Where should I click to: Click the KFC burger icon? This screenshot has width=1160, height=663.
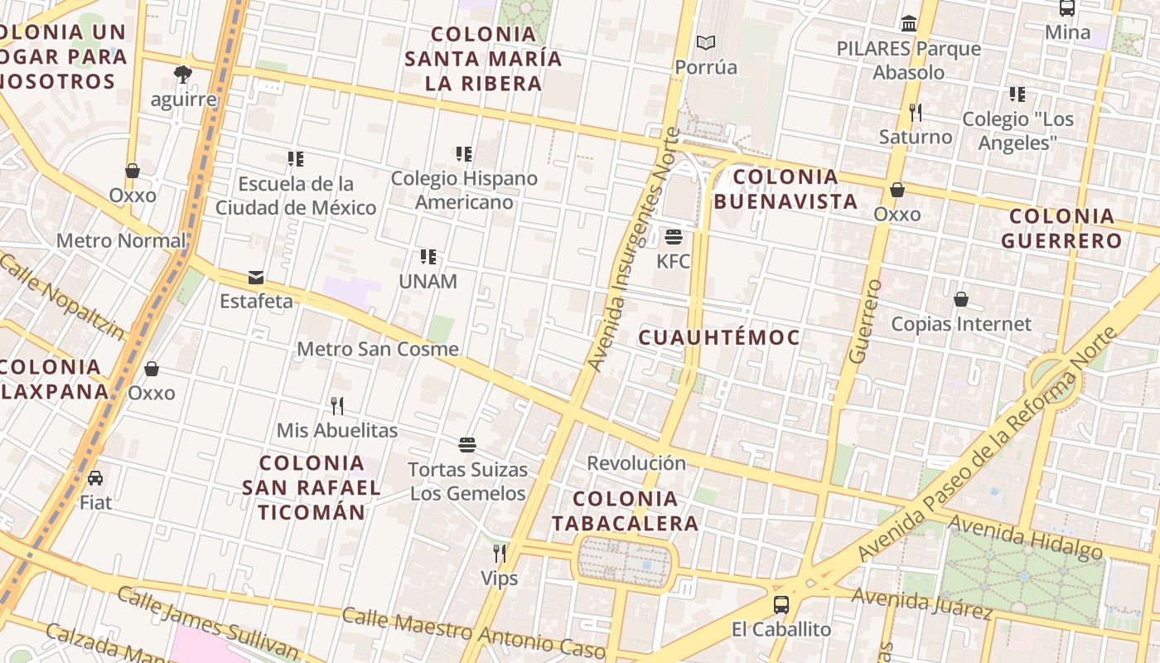673,237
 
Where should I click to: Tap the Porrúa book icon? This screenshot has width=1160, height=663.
705,42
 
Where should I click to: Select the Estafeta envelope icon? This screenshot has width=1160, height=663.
256,278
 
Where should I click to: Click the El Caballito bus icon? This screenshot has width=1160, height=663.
781,604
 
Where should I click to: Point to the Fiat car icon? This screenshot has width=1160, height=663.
95,478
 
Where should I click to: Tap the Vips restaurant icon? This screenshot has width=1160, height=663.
500,553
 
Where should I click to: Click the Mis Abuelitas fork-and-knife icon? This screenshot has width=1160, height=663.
337,406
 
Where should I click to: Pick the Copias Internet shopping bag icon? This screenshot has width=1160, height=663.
961,299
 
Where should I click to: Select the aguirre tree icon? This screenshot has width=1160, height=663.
183,75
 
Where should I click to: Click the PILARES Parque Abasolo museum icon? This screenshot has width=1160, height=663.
909,24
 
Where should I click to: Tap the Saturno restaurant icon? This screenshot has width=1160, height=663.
916,112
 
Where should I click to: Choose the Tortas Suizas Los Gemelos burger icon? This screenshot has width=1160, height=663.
467,445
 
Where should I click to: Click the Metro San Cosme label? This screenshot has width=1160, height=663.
378,349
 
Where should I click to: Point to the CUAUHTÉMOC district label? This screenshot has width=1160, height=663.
719,337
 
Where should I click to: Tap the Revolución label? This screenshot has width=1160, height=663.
636,463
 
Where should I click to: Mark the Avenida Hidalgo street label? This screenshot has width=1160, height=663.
1026,537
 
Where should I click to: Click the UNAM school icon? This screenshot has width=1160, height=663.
428,257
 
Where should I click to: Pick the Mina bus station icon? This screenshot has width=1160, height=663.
1067,8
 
